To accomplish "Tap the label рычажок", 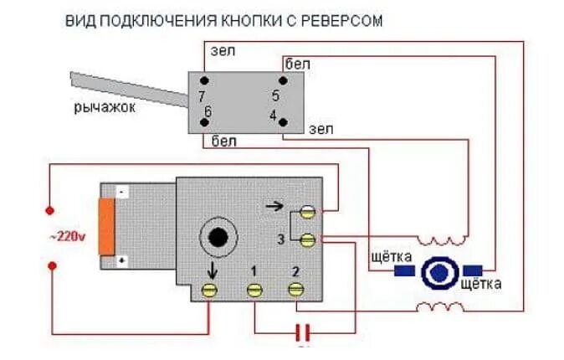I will [x=105, y=107].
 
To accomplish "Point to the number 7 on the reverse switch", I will [x=202, y=96].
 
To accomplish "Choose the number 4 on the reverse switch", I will [x=273, y=114].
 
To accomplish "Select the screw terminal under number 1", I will [x=254, y=290].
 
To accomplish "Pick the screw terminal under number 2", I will [x=295, y=289].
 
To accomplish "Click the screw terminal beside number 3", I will [x=309, y=240].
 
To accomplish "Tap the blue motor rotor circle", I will [x=438, y=272].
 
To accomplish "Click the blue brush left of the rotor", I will [x=403, y=270].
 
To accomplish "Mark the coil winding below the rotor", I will [x=441, y=307].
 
